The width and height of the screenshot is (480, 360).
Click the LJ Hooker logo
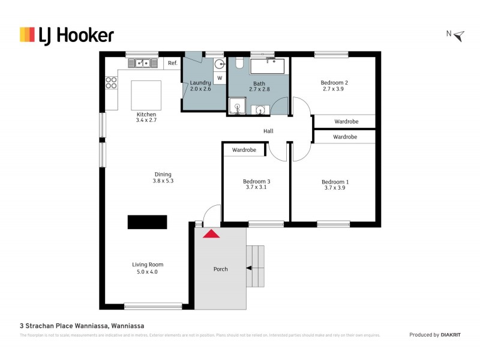coord(67,35)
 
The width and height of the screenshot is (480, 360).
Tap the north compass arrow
coord(459,36)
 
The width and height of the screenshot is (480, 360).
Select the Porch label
coord(221,269)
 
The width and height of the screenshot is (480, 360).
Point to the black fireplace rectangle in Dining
coord(147,221)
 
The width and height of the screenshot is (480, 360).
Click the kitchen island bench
coord(146,95)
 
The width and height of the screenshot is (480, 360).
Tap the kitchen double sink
coord(142,62)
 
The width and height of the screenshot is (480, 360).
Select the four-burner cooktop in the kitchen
coord(111,83)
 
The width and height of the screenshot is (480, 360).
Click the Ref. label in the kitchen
coord(172,63)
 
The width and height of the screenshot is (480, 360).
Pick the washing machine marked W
coord(219,78)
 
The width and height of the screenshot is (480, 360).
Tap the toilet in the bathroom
coord(238,63)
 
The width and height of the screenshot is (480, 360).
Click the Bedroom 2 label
coord(334,82)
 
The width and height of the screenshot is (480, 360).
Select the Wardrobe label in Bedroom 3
coord(244,149)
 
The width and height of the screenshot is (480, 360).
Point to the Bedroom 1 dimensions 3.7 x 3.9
coord(334,188)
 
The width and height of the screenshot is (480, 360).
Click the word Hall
coord(268,131)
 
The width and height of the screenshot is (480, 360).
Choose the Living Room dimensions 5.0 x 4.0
coord(148,271)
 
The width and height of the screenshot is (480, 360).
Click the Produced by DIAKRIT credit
coord(434,335)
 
